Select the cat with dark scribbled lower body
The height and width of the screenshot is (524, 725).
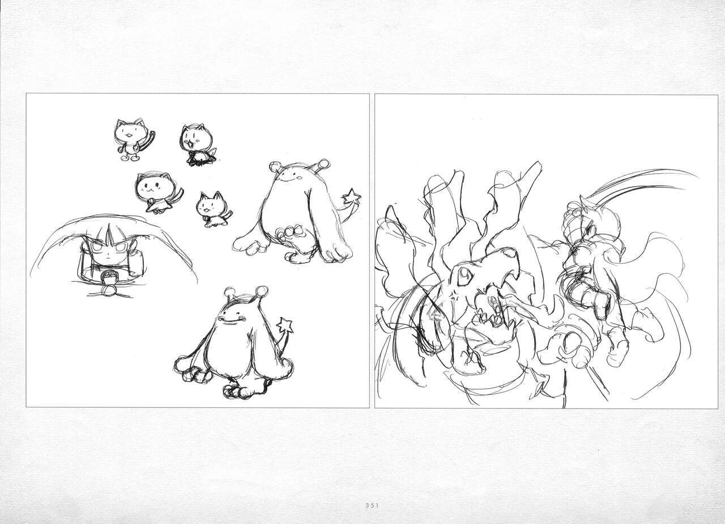[198, 145]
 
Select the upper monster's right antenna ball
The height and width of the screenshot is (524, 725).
[323, 164]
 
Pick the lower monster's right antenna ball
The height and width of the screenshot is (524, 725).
[262, 290]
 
